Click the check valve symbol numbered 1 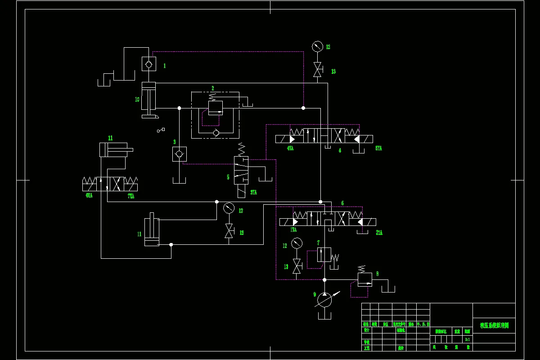coord(148,64)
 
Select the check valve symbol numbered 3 coord(180,154)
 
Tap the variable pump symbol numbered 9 coord(324,300)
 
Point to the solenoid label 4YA coord(290,148)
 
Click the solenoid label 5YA coord(378,148)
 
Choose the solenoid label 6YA coord(89,196)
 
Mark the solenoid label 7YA coord(131,196)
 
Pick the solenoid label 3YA coord(254,192)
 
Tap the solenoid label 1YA coord(294,229)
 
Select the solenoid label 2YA coord(379,233)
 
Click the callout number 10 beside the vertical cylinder coord(137,99)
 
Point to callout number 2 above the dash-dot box coord(213,88)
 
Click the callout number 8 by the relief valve coord(377,273)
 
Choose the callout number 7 coord(318,243)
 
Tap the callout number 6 coord(342,203)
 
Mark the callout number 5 coord(228,177)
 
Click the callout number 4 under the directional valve coord(340,151)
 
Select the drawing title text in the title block coord(494,325)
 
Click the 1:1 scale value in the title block coord(468,339)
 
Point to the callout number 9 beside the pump coord(315,294)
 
